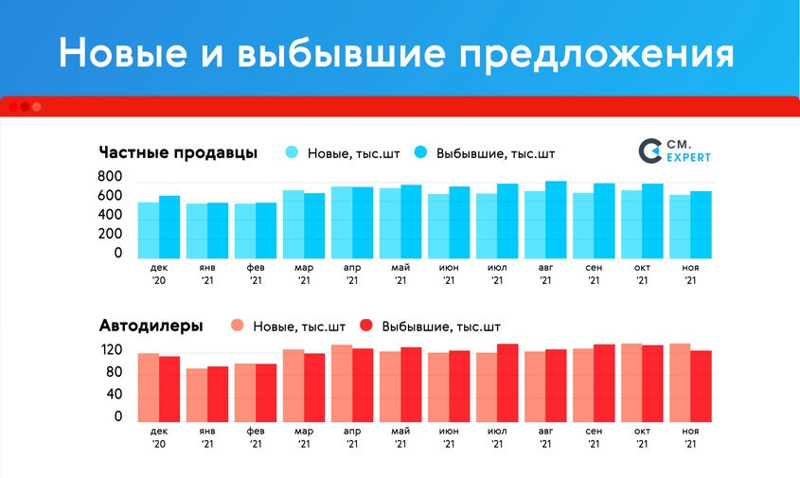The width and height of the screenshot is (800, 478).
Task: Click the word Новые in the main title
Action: [123, 53]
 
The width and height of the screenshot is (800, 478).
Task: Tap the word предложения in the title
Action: [597, 55]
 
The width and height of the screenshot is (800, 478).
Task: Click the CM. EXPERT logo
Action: [674, 151]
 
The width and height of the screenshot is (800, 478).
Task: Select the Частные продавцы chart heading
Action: [178, 152]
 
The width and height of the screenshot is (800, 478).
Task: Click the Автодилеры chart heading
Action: [151, 326]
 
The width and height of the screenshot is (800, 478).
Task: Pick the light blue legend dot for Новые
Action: [292, 152]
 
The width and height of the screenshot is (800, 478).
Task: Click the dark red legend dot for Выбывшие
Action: [366, 326]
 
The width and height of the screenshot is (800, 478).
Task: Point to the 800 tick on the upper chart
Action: [110, 176]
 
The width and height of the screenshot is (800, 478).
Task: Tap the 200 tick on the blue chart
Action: [110, 234]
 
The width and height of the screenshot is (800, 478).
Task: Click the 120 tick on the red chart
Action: [111, 350]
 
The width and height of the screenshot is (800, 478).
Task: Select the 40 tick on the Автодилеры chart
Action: [115, 394]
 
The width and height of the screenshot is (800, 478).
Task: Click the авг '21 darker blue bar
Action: [556, 220]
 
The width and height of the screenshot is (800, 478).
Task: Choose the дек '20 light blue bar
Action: [149, 231]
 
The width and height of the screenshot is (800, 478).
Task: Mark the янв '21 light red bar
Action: [196, 396]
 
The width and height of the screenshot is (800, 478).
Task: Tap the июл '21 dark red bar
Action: [507, 383]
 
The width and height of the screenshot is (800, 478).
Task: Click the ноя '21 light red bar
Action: [680, 383]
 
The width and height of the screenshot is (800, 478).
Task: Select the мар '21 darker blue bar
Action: [314, 226]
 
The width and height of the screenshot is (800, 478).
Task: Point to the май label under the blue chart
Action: [400, 268]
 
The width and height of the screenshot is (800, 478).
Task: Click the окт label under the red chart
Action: [642, 431]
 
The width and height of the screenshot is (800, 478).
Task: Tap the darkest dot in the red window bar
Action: [25, 107]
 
